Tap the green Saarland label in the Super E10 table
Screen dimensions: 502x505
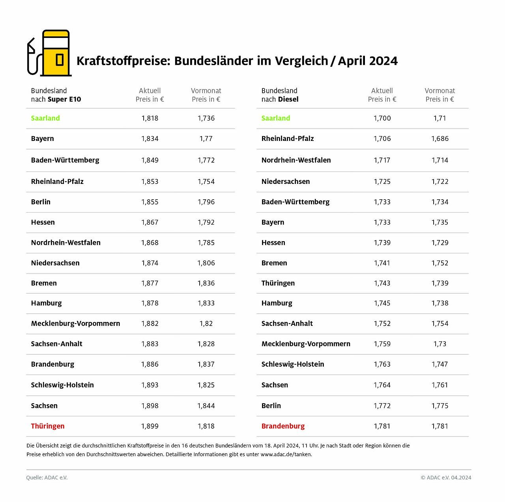pyautogui.click(x=45, y=118)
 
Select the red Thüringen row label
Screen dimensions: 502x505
pyautogui.click(x=48, y=426)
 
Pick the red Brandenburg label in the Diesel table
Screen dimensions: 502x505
pyautogui.click(x=283, y=426)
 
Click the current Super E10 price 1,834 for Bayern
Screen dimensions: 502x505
pyautogui.click(x=150, y=139)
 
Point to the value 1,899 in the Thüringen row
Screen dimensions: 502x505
pyautogui.click(x=150, y=426)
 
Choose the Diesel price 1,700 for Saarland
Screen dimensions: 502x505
pyautogui.click(x=382, y=118)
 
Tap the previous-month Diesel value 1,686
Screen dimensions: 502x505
pyautogui.click(x=440, y=139)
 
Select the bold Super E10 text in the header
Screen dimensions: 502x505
pyautogui.click(x=64, y=99)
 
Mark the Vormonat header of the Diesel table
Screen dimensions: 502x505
pyautogui.click(x=440, y=91)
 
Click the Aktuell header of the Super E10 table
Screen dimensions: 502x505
pyautogui.click(x=150, y=91)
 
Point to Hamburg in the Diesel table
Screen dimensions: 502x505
pyautogui.click(x=277, y=303)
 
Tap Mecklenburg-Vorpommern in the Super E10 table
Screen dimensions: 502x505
pyautogui.click(x=75, y=323)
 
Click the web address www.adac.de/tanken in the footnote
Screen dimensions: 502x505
pyautogui.click(x=286, y=454)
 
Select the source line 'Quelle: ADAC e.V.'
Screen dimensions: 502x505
pyautogui.click(x=47, y=478)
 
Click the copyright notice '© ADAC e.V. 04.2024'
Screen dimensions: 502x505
pyautogui.click(x=446, y=478)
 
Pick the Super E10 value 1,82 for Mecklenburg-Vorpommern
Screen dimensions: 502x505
pyautogui.click(x=206, y=323)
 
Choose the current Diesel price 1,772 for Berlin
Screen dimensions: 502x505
pyautogui.click(x=382, y=406)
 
